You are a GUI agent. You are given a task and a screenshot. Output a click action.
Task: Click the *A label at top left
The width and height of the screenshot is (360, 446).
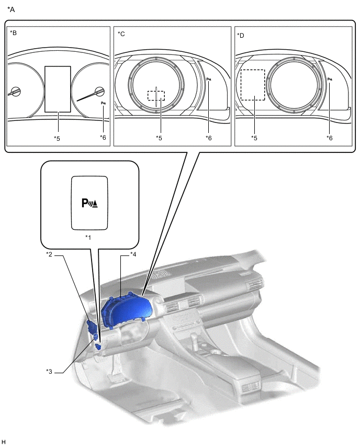pyautogui.click(x=11, y=9)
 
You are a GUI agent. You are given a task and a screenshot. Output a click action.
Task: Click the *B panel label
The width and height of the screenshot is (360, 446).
pyautogui.click(x=14, y=32)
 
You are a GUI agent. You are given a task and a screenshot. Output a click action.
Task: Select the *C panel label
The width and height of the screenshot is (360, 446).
pyautogui.click(x=121, y=34)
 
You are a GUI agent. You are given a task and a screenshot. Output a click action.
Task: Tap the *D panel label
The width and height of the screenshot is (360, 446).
pyautogui.click(x=241, y=36)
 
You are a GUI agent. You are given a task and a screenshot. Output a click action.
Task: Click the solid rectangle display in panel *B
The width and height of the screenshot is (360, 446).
pyautogui.click(x=58, y=89)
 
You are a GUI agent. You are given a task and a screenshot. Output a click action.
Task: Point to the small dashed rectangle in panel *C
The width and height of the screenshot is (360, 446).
pyautogui.click(x=156, y=95)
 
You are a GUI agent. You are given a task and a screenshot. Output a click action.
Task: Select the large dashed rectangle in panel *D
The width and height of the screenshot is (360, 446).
pyautogui.click(x=253, y=85)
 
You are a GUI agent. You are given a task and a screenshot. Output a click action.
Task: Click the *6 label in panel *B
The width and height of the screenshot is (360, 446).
pyautogui.click(x=103, y=137)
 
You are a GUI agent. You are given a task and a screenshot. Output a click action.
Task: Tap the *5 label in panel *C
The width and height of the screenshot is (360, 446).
pyautogui.click(x=159, y=138)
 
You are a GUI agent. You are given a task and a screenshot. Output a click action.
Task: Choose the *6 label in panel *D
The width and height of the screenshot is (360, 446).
pyautogui.click(x=330, y=138)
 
